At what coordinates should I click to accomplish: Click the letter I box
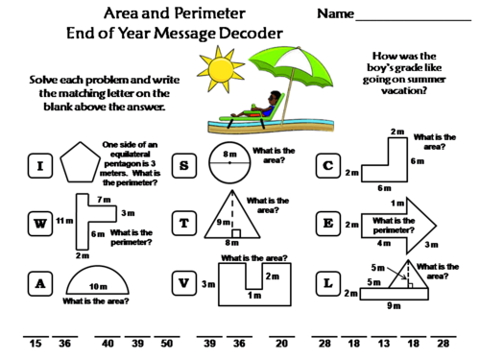[x=40, y=166]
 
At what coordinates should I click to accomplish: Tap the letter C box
[x=327, y=166]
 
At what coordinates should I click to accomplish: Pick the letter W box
[x=40, y=225]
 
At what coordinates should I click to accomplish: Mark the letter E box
[x=327, y=225]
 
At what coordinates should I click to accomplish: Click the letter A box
[x=40, y=283]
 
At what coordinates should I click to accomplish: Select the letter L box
[x=327, y=283]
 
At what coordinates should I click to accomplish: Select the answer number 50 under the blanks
[x=166, y=344]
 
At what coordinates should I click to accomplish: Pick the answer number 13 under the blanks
[x=382, y=344]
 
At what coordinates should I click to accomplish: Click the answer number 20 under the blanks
[x=280, y=344]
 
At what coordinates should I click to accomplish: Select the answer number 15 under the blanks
[x=36, y=344]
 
